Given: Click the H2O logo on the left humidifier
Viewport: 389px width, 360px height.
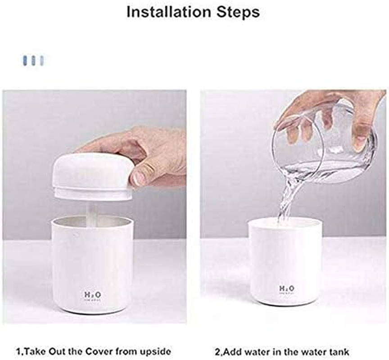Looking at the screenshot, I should (x=92, y=295).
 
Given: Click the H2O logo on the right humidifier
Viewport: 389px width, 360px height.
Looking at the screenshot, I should (x=287, y=288).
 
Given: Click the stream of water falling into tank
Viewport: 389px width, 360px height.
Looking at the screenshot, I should (x=286, y=200).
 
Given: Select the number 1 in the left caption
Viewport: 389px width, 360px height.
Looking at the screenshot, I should (x=18, y=351).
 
